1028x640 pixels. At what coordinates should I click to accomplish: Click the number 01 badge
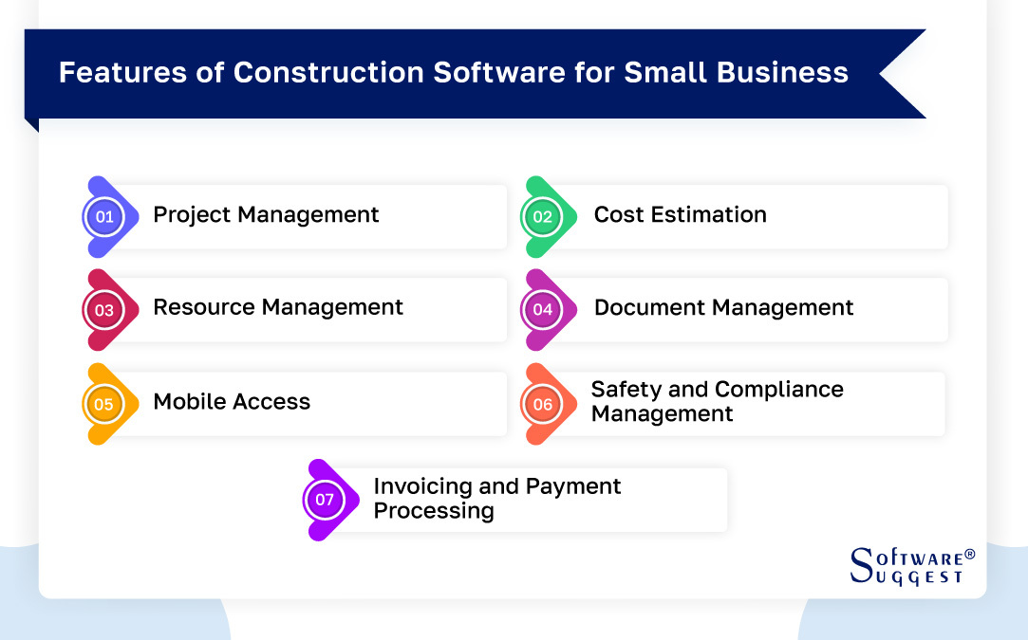tap(104, 217)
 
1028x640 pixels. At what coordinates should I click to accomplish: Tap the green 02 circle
tap(542, 217)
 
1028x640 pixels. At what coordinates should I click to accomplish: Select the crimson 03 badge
tap(104, 310)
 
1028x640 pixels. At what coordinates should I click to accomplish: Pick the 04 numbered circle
tap(542, 310)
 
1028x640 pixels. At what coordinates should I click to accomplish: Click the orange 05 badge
tap(104, 404)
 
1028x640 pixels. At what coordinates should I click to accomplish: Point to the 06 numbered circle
tap(542, 404)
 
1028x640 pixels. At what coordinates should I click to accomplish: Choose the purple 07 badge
tap(325, 500)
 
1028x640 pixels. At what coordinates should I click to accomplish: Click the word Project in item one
tap(192, 215)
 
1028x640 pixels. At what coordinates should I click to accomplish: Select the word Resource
tap(204, 306)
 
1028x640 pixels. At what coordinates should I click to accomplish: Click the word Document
tap(649, 307)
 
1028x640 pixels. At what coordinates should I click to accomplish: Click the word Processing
tap(434, 512)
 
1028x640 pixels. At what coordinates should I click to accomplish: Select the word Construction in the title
tap(328, 72)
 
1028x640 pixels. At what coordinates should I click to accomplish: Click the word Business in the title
tap(782, 72)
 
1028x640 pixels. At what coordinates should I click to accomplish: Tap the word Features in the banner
tap(122, 72)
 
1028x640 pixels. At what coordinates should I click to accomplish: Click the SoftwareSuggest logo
tap(912, 566)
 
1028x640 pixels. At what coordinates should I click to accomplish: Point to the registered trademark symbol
tap(970, 554)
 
